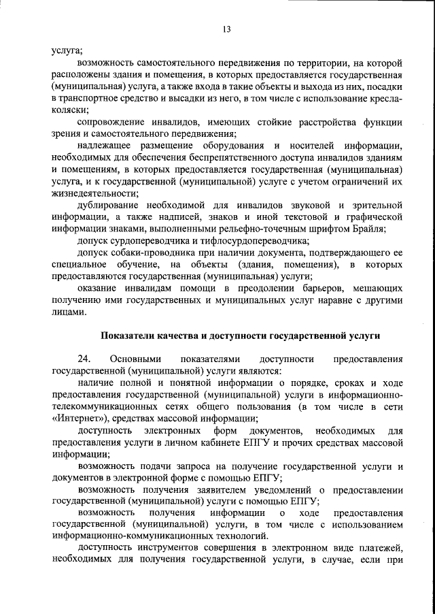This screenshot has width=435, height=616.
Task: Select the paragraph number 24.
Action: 84,359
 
